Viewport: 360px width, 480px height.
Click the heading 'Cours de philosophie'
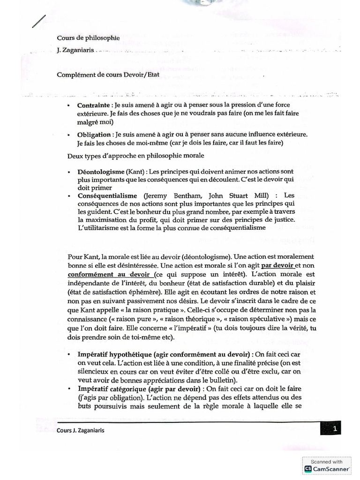click(x=88, y=38)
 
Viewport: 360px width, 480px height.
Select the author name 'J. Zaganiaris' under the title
click(x=75, y=51)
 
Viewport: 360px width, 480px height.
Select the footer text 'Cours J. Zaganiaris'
click(x=80, y=431)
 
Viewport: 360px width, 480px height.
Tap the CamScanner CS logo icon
click(x=308, y=468)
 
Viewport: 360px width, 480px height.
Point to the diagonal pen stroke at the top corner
click(x=39, y=22)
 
